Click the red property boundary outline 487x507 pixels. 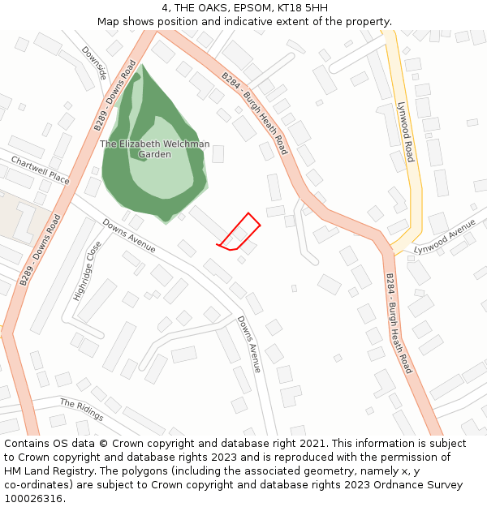click(239, 232)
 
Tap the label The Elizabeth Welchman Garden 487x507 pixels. click(154, 149)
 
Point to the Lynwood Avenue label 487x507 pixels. click(444, 237)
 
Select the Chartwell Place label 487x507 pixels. click(40, 171)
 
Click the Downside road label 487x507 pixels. click(94, 62)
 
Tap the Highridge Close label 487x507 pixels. click(88, 271)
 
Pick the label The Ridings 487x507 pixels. click(81, 410)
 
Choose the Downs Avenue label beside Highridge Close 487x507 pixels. click(128, 235)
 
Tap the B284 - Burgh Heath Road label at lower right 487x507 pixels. click(399, 323)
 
